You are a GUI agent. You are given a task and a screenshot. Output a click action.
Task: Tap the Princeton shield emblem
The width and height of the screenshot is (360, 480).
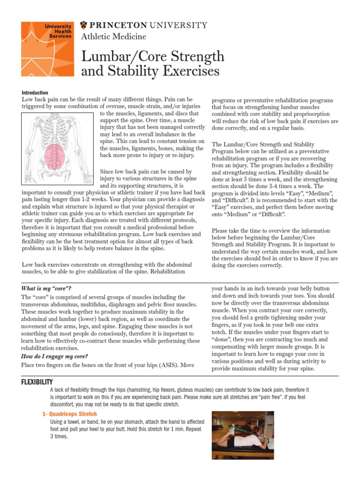pyautogui.click(x=84, y=25)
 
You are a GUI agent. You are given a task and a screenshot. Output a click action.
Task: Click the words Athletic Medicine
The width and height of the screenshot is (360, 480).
pyautogui.click(x=113, y=37)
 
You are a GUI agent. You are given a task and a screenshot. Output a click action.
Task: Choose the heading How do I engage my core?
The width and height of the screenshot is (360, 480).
pyautogui.click(x=55, y=356)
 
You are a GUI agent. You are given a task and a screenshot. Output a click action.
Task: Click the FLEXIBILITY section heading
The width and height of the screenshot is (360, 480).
pyautogui.click(x=37, y=382)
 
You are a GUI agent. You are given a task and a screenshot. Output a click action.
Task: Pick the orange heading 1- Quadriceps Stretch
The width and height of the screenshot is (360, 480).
pyautogui.click(x=69, y=414)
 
